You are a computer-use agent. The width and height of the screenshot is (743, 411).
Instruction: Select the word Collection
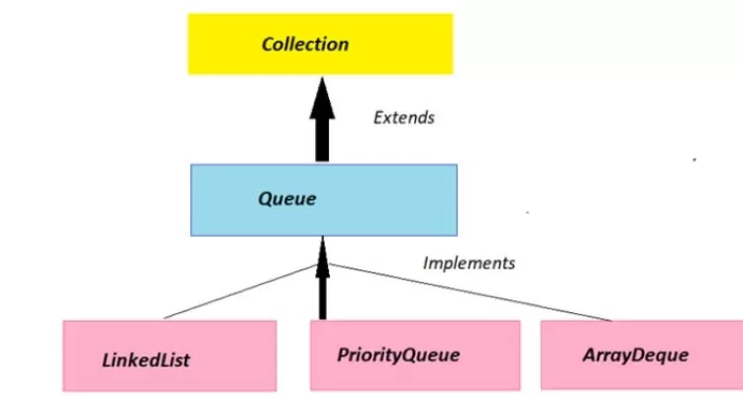point(304,44)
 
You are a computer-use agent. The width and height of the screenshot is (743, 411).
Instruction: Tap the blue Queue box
point(323,198)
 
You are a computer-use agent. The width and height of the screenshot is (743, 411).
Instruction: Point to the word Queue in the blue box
point(287,198)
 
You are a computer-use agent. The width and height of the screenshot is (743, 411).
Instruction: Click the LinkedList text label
point(146,359)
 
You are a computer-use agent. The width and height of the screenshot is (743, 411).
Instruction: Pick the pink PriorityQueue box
point(414,355)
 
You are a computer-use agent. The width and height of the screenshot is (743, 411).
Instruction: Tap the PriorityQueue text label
point(398,354)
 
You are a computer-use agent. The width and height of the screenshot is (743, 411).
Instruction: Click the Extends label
point(403,117)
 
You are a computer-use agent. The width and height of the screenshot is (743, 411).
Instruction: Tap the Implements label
point(469,263)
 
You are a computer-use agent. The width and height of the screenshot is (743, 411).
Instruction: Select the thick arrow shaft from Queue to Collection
point(322,139)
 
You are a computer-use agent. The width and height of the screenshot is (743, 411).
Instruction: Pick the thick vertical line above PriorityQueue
point(322,297)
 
